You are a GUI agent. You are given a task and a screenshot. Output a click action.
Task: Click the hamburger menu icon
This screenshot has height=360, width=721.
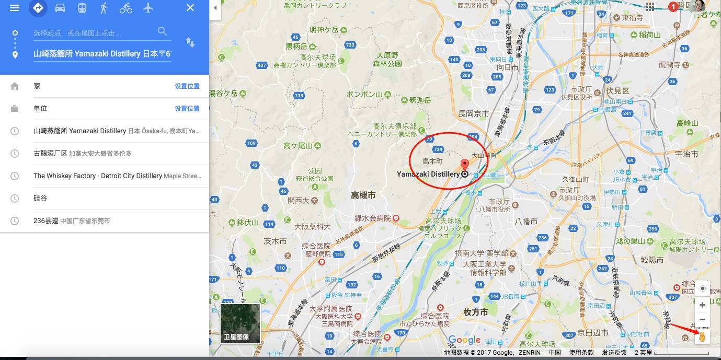(x=15, y=8)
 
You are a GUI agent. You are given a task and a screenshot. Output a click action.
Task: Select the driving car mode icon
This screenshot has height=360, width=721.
(x=60, y=8)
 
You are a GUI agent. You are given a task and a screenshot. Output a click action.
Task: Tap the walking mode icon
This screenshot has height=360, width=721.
(x=104, y=8)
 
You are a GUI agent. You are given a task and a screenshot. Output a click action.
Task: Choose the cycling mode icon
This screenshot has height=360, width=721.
(x=126, y=8)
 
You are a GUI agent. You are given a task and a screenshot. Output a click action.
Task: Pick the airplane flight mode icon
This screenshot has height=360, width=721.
(x=148, y=8)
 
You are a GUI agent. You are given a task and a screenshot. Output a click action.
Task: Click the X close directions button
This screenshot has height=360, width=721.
(x=190, y=8)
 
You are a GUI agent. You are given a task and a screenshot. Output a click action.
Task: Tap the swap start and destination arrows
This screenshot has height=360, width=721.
(x=190, y=42)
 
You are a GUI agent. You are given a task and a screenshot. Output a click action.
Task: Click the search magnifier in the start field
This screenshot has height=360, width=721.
(x=162, y=31)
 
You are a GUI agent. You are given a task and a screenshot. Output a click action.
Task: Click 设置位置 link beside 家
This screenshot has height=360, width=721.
(x=187, y=86)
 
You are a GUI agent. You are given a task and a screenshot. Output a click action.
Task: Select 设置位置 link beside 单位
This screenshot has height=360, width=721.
(x=187, y=109)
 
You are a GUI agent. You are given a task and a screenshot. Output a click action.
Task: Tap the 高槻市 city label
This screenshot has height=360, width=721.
(x=363, y=195)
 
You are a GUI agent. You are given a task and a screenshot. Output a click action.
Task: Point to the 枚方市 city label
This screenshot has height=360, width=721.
(x=475, y=312)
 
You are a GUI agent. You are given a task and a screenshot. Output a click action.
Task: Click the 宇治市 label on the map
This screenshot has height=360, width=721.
(x=686, y=154)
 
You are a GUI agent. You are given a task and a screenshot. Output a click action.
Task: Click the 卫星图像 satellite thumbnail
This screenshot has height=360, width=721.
(x=240, y=323)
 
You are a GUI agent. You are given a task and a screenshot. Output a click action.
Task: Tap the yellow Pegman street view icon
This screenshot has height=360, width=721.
(x=702, y=337)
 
